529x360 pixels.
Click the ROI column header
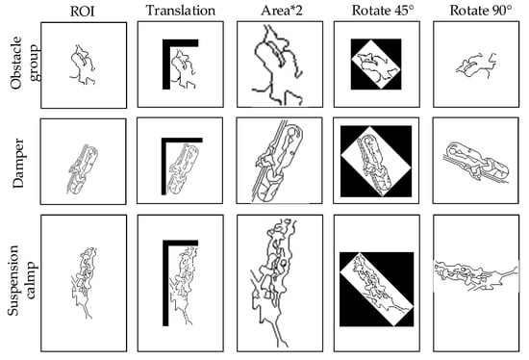(83, 12)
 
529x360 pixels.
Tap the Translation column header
(181, 11)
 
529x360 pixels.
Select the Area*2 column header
(282, 11)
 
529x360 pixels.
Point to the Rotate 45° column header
(383, 11)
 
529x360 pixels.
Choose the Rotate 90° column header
(481, 11)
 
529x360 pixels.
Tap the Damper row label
(18, 163)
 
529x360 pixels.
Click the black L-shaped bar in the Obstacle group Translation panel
(166, 64)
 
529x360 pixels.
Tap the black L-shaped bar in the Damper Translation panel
(164, 166)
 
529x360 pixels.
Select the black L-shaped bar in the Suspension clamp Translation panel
(165, 284)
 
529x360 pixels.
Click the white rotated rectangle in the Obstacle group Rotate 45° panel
(376, 64)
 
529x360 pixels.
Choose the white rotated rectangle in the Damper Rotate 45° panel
(376, 162)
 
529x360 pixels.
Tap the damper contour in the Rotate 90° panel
(475, 162)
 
